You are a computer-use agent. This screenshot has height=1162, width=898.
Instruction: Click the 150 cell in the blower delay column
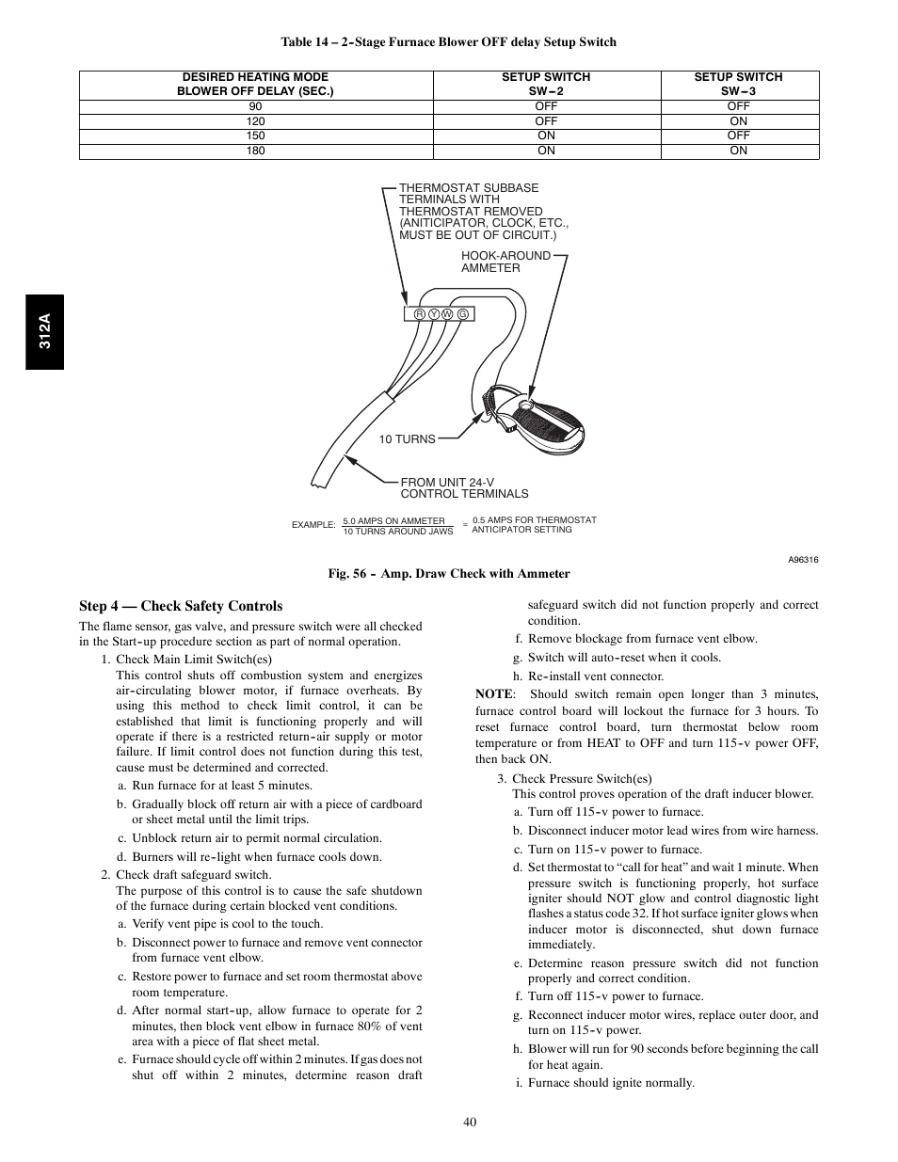click(255, 135)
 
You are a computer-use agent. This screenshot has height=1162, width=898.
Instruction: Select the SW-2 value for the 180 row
click(546, 151)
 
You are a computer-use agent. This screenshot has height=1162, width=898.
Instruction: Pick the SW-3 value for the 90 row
click(738, 106)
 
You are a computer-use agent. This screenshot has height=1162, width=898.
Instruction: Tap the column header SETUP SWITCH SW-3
click(738, 84)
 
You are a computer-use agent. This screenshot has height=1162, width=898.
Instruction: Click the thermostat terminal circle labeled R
click(418, 313)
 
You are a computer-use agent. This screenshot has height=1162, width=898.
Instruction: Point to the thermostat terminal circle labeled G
click(463, 313)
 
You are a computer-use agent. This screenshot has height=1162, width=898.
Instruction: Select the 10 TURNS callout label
click(407, 439)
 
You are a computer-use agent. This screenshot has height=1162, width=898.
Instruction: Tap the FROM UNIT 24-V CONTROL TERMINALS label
click(464, 487)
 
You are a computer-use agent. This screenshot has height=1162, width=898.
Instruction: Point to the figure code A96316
click(803, 560)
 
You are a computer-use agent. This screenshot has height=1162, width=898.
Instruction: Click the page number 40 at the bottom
click(470, 1121)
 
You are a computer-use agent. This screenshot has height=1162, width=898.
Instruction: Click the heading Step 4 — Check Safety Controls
click(181, 606)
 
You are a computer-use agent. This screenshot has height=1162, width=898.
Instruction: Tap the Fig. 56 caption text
click(449, 573)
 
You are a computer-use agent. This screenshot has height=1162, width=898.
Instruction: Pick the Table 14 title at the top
click(449, 41)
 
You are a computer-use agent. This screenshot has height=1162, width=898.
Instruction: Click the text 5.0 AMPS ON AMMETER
click(393, 520)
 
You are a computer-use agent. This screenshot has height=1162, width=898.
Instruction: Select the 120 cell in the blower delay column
click(255, 121)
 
